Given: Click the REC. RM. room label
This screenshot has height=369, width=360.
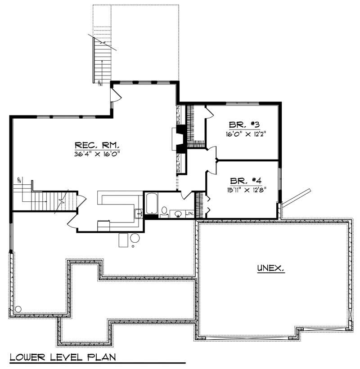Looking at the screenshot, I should tap(97, 145).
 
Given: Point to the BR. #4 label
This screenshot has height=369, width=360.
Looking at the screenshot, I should tap(246, 181).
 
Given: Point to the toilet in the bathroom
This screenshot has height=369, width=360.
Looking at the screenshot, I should tap(164, 211).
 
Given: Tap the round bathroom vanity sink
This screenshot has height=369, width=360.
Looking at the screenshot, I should tap(179, 213).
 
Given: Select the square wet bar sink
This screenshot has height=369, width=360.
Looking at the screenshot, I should tap(137, 213).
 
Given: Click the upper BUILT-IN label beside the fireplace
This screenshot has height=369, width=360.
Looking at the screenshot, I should tap(179, 115).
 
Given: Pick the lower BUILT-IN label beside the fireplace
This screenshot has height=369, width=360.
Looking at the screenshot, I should tap(179, 163).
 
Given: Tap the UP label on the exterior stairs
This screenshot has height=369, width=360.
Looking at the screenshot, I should tap(99, 81).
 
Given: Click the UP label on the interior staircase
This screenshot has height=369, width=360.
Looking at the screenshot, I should tap(19, 180).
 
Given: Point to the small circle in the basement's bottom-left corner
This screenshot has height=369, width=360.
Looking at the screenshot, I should tap(18, 309).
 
